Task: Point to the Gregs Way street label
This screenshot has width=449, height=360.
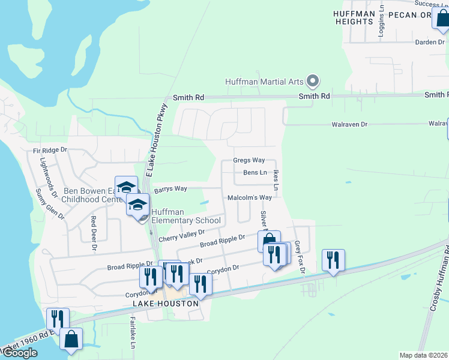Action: [249, 160]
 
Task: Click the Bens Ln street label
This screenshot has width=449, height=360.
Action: [255, 173]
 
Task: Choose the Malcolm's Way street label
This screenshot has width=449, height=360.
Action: [250, 197]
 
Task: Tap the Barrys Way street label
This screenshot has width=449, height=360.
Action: [170, 189]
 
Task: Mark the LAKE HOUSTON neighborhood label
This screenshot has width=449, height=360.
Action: [166, 304]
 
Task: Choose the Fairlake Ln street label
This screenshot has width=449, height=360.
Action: [133, 334]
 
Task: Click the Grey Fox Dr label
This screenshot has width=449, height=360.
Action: [300, 258]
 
